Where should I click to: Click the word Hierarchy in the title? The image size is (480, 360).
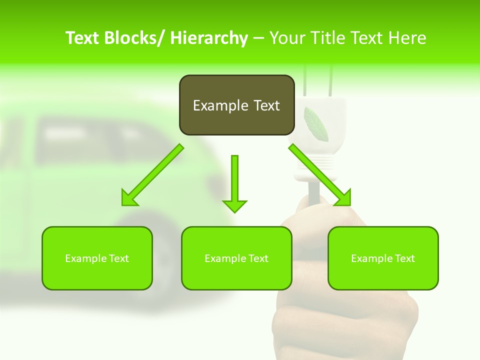pos(209,38)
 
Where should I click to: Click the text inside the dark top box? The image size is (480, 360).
pos(236,105)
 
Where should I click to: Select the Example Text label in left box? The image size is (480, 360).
pos(97,258)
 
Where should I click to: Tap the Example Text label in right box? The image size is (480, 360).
pos(383,258)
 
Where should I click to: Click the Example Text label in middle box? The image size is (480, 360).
pos(236,258)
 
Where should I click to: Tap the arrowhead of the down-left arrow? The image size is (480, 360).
pos(129,198)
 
